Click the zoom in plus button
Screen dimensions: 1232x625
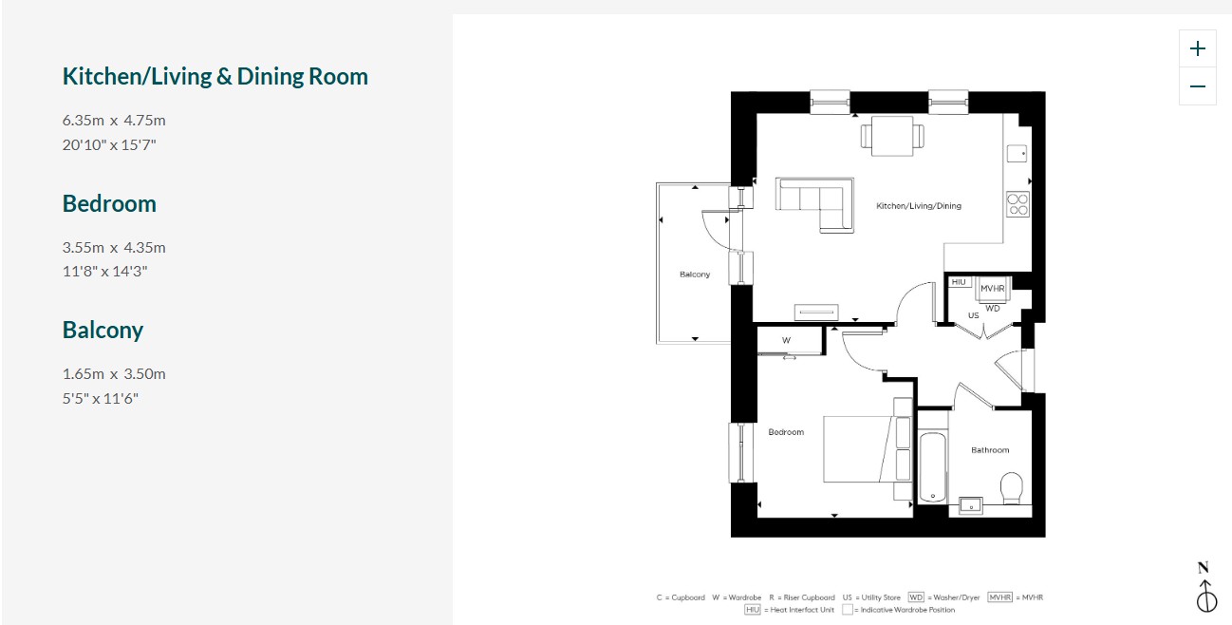point(1197,48)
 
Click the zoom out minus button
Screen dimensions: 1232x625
point(1197,86)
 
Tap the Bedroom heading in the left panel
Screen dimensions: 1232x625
point(109,203)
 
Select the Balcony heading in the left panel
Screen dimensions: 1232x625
point(103,331)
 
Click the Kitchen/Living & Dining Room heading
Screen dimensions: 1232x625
point(215,77)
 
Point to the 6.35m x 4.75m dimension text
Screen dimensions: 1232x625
point(114,120)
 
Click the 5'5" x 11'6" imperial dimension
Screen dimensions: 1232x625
point(100,398)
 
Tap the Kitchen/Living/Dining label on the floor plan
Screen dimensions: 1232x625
point(919,206)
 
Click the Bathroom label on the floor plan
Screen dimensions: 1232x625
point(990,450)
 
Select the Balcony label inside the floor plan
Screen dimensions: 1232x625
point(695,274)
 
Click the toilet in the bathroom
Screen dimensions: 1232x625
point(1011,488)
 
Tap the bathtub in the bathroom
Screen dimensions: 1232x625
point(933,467)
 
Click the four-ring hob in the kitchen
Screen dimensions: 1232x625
point(1017,204)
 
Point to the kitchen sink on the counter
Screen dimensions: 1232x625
point(1017,154)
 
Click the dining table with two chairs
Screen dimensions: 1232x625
point(892,136)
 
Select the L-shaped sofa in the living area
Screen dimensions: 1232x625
point(815,204)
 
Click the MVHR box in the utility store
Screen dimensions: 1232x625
point(993,289)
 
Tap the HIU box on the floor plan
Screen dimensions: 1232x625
point(959,282)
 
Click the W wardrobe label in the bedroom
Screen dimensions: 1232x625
point(787,340)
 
